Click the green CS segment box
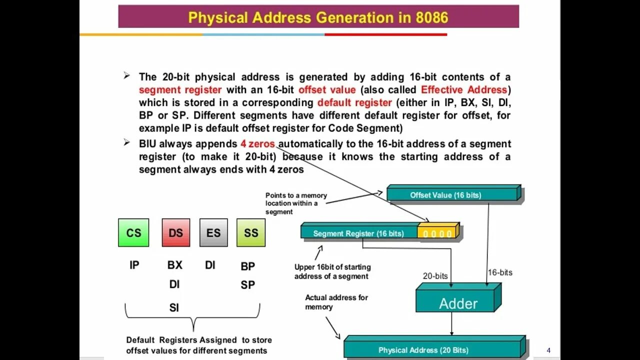point(133,232)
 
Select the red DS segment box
point(176,232)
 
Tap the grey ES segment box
point(213,232)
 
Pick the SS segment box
point(251,232)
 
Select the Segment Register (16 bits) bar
point(358,233)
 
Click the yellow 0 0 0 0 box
point(437,233)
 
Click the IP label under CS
point(134,265)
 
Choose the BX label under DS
point(175,265)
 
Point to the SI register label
point(174,307)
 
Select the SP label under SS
point(248,285)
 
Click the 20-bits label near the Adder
point(435,276)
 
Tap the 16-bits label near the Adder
point(500,272)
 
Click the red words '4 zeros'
point(257,144)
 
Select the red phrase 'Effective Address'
point(464,90)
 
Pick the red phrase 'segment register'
point(180,90)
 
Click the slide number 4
point(548,350)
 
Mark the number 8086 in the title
point(432,18)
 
